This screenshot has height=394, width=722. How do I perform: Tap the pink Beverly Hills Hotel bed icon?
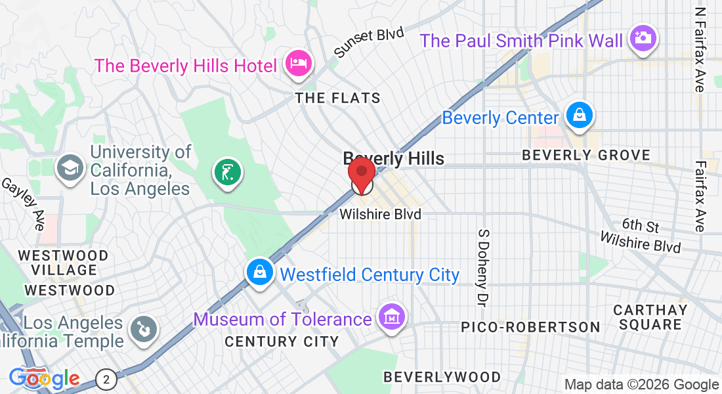pos(299,64)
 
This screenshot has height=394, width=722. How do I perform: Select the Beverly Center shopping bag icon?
pos(580,116)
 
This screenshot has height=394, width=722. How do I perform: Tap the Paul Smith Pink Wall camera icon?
pos(643,37)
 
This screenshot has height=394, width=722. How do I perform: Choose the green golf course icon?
pos(227,173)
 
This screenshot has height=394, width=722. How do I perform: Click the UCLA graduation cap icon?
pos(69,167)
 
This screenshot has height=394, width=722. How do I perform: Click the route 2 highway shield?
pos(106,379)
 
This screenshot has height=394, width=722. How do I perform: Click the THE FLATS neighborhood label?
pos(337,98)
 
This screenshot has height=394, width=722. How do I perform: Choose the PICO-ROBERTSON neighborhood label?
pos(530,326)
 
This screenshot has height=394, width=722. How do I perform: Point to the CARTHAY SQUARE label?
pos(650,317)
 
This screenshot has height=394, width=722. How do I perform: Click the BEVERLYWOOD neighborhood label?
pos(442,377)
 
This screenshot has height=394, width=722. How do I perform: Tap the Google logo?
pos(44,378)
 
